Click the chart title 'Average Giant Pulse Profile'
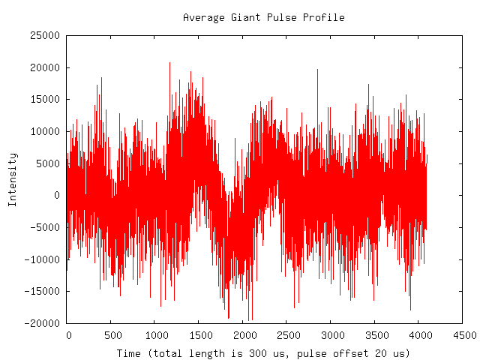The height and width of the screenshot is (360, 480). click(263, 17)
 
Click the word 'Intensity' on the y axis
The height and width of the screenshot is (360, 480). click(13, 179)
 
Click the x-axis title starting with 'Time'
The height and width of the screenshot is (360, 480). click(263, 352)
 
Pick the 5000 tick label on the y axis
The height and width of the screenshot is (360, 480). click(46, 163)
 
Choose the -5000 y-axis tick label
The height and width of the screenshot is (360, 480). click(44, 227)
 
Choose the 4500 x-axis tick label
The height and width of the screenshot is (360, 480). click(462, 335)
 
